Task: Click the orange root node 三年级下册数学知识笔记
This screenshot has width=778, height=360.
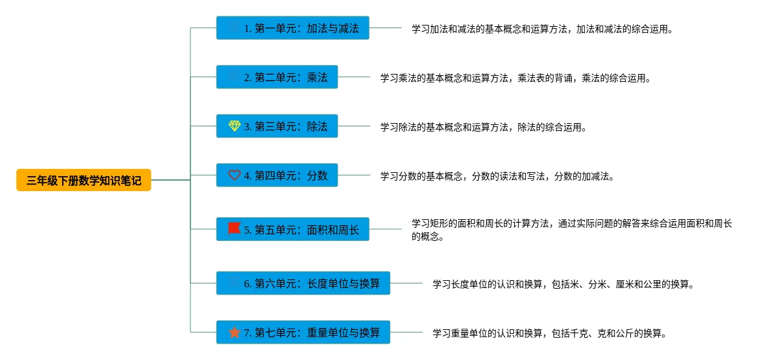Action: [84, 180]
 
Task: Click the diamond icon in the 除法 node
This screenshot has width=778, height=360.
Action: [234, 126]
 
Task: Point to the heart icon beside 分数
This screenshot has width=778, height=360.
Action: [234, 175]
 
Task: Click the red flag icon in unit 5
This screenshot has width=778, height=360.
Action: [234, 229]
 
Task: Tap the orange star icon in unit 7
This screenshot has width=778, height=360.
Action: [234, 333]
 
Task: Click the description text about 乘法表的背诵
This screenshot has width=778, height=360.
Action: [516, 79]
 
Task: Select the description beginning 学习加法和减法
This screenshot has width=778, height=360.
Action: [542, 29]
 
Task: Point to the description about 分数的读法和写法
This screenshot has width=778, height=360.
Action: [497, 177]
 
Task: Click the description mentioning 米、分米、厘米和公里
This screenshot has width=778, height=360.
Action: [563, 285]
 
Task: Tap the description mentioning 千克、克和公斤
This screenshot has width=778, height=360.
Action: [550, 334]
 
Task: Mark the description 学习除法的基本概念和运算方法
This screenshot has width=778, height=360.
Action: [483, 128]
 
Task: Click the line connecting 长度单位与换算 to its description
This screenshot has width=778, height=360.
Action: [406, 283]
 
